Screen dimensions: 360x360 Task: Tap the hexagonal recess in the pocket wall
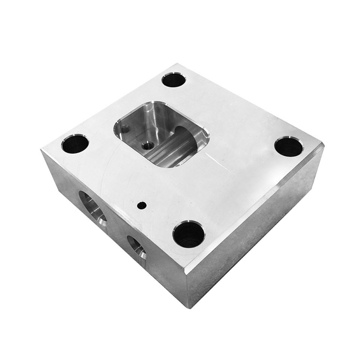[x=125, y=129]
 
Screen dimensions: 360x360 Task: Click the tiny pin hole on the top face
[x=142, y=205]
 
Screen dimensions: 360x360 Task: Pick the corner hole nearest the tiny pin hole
[x=189, y=235]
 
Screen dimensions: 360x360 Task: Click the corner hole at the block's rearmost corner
[x=174, y=80]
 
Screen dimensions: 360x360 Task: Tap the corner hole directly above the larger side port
[x=75, y=144]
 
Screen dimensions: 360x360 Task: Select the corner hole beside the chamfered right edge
[x=288, y=147]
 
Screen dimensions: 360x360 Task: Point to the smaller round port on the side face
[x=136, y=247]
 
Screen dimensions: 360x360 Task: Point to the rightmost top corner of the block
[x=322, y=144]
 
